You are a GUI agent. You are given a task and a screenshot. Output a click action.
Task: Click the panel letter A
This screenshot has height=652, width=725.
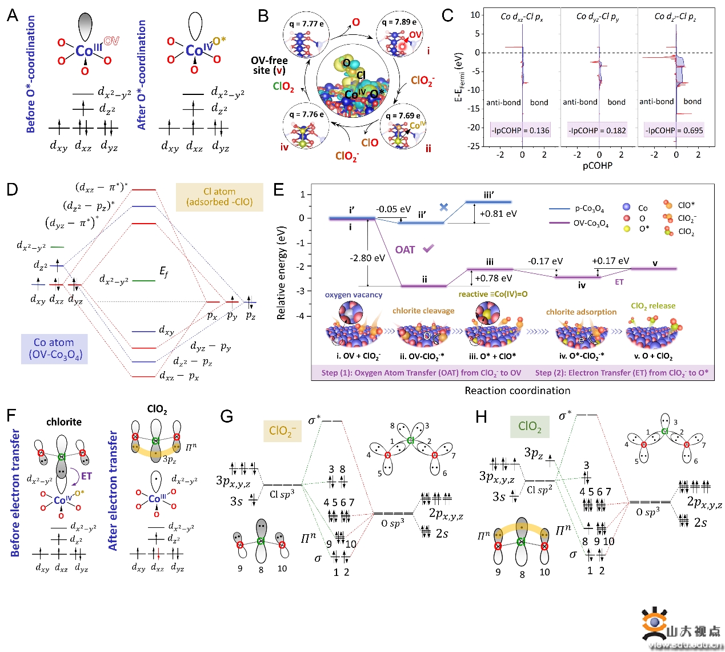click(x=13, y=15)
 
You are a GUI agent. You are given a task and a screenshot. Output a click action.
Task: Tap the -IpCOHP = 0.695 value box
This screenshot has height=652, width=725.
click(x=674, y=130)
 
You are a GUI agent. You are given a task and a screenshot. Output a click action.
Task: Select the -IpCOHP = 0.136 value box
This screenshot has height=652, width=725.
click(x=520, y=130)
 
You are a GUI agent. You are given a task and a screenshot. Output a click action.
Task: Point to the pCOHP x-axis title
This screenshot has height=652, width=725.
click(x=598, y=166)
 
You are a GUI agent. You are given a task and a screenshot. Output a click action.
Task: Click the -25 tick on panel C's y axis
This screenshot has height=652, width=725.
click(x=474, y=146)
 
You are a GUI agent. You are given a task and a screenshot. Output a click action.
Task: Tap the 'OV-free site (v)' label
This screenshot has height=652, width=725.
click(x=269, y=65)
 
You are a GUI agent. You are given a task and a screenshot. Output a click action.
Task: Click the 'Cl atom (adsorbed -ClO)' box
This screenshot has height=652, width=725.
click(x=219, y=197)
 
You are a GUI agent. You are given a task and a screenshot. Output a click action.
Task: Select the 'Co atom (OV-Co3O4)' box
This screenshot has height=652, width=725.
click(x=54, y=349)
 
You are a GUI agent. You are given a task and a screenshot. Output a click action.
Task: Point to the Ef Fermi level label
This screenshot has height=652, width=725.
click(x=164, y=272)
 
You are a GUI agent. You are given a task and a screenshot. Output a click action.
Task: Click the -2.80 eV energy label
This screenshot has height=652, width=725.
click(x=367, y=258)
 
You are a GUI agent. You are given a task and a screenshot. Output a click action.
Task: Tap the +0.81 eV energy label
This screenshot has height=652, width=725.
click(x=498, y=214)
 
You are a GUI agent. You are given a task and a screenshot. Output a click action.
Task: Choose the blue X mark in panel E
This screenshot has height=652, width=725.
click(x=444, y=207)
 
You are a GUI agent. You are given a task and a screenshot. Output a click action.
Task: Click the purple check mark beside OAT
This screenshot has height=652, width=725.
click(x=428, y=249)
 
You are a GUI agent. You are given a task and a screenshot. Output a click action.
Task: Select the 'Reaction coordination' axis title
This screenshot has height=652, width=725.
click(x=517, y=391)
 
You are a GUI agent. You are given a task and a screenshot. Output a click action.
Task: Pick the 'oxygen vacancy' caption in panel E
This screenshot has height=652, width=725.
click(x=353, y=295)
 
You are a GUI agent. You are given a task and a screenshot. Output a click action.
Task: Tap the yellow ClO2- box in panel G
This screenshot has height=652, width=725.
click(x=282, y=431)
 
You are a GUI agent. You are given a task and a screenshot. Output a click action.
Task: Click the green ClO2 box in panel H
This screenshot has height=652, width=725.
click(x=529, y=426)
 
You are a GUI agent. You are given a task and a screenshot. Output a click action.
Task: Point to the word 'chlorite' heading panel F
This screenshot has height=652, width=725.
click(x=64, y=422)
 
